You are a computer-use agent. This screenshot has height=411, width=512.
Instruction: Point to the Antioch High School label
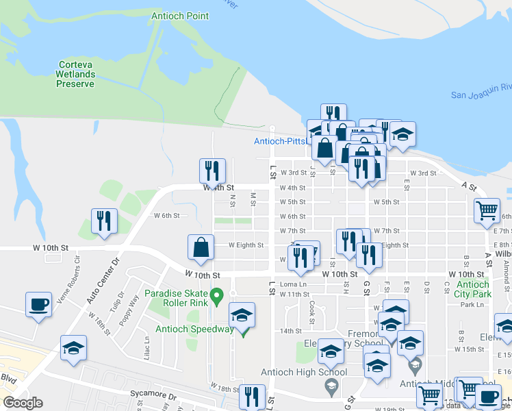click(304, 373)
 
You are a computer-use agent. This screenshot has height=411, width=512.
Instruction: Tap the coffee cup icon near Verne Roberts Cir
click(39, 303)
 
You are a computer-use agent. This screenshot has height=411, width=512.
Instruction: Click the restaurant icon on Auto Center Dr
click(104, 221)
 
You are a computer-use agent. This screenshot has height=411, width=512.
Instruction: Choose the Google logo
click(23, 403)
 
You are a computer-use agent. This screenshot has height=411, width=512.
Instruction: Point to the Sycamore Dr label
click(155, 397)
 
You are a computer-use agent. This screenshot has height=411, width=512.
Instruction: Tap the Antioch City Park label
click(474, 289)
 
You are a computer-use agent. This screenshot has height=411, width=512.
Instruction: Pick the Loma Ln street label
click(292, 284)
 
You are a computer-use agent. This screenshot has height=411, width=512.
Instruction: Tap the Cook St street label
click(311, 314)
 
